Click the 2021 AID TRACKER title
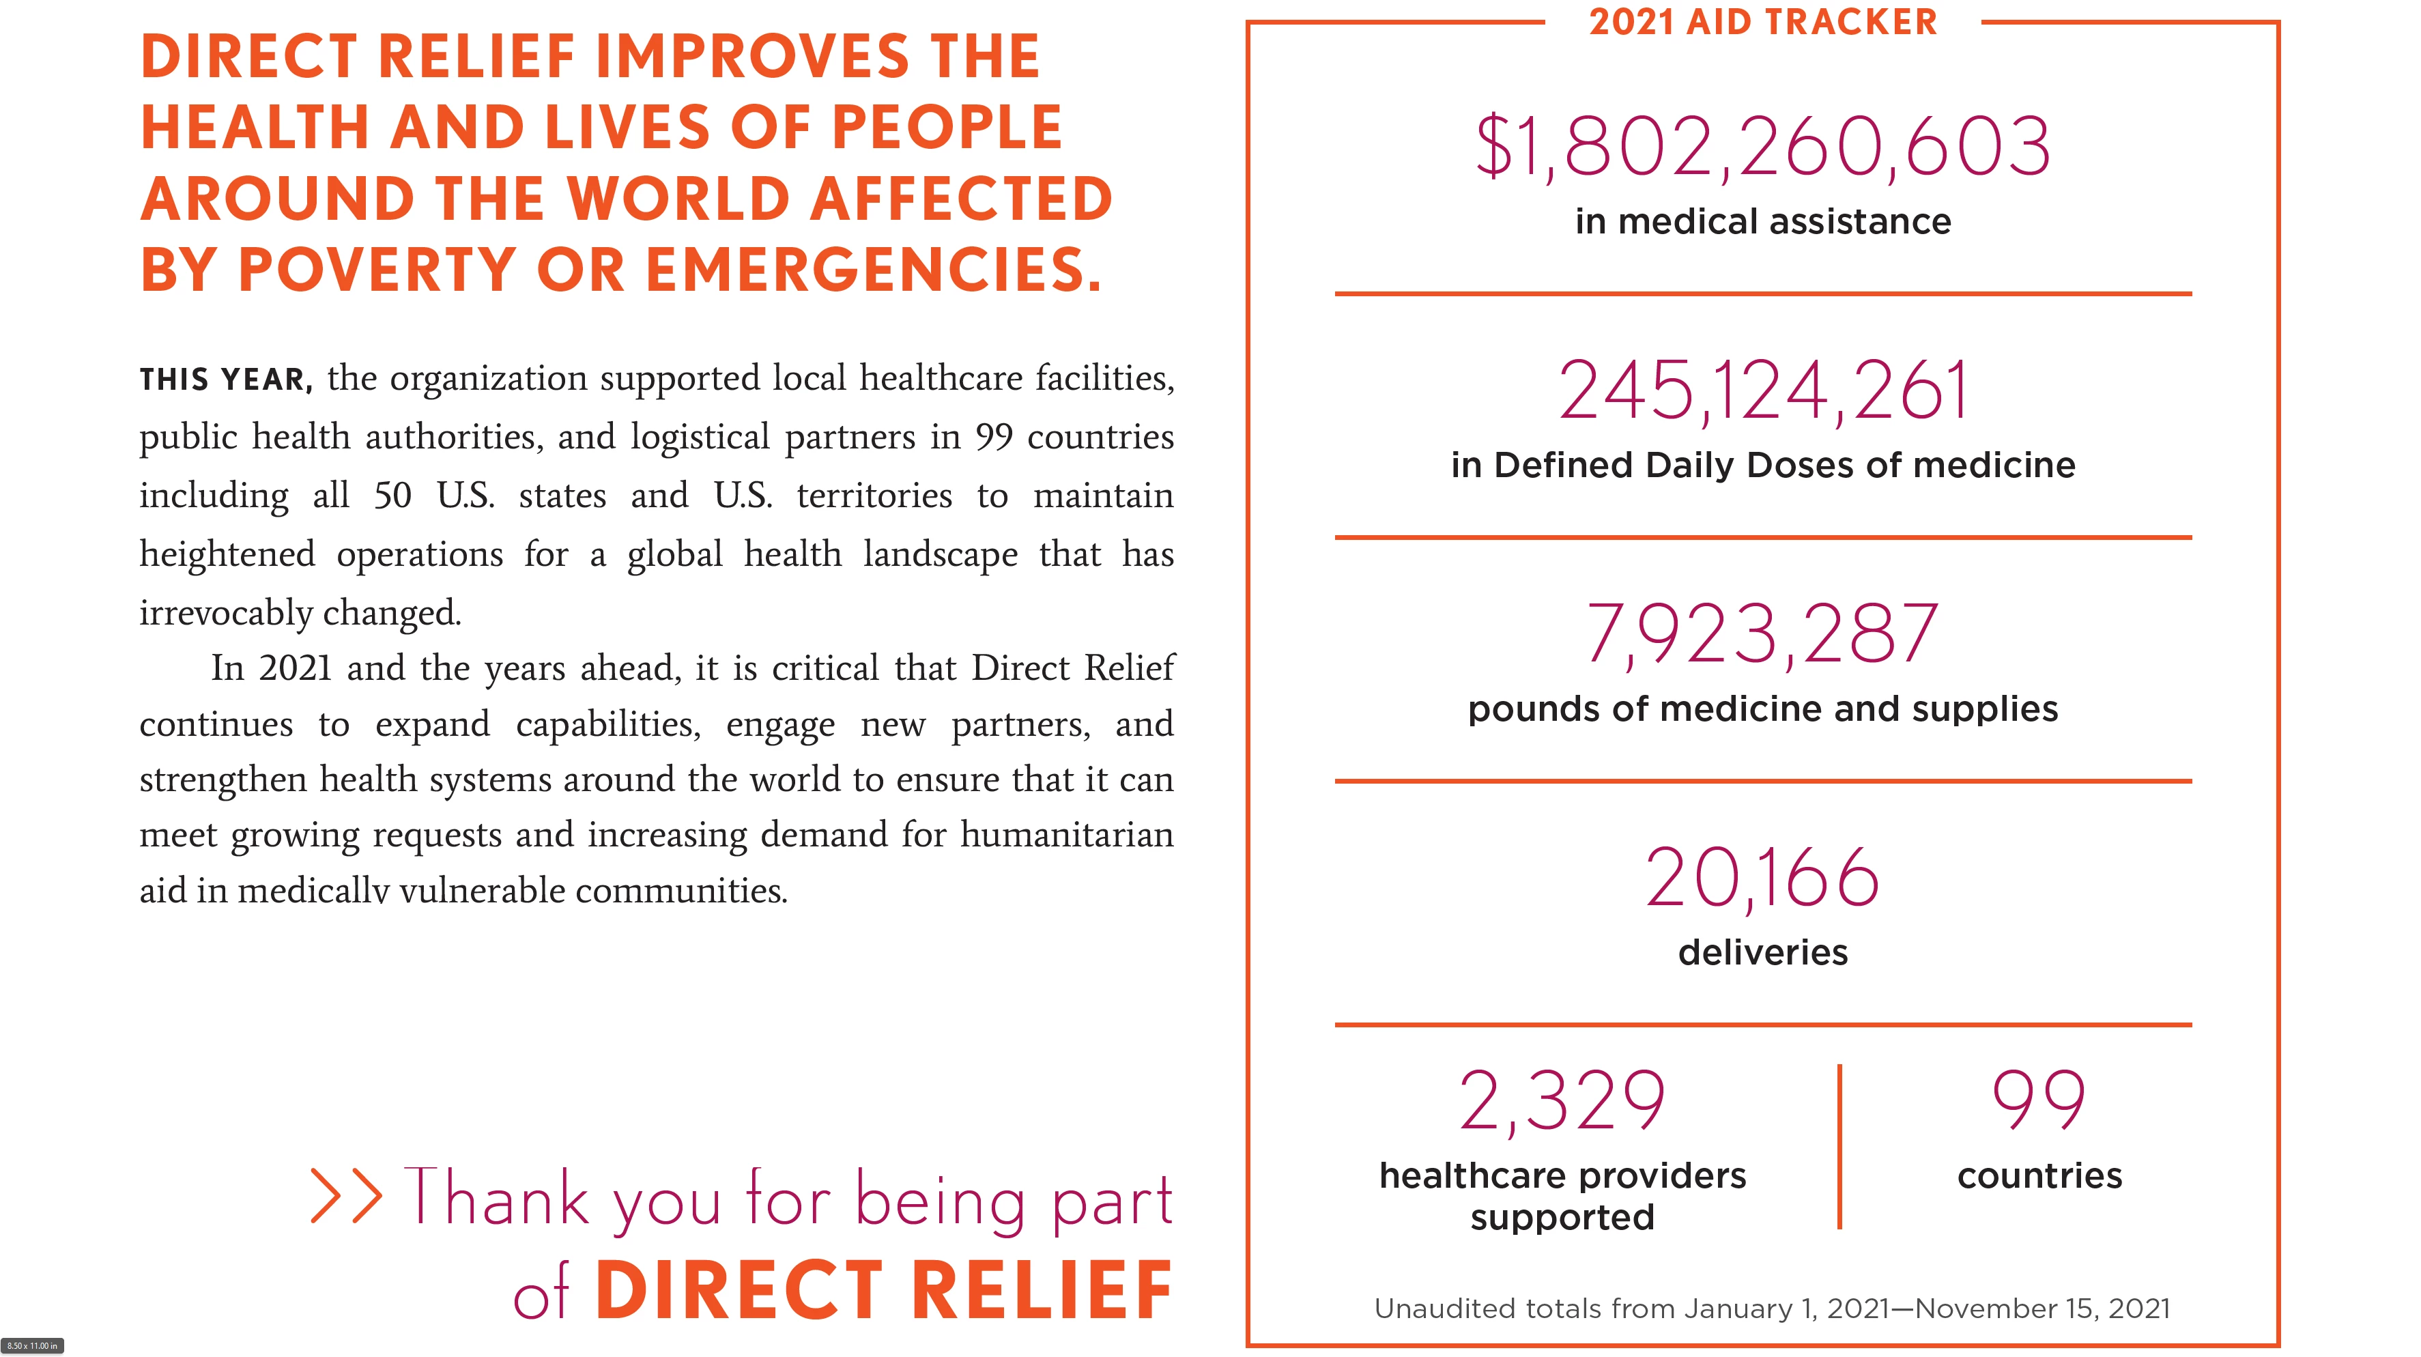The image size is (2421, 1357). point(1762,22)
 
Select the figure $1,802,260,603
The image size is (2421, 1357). point(1762,147)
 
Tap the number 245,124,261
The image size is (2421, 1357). point(1762,391)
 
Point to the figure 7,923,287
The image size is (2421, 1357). point(1762,634)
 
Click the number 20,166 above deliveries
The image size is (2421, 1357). point(1762,878)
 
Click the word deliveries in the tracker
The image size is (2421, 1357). point(1762,953)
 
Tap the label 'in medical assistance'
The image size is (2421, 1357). point(1762,222)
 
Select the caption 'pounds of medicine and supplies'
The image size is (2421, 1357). point(1762,709)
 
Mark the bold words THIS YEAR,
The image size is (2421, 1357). point(225,380)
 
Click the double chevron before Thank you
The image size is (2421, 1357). point(346,1197)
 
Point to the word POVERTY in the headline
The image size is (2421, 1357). point(376,270)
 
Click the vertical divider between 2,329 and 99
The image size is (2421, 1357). point(1839,1147)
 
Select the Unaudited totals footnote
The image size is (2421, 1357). point(1772,1308)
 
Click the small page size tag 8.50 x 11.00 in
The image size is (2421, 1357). point(32,1345)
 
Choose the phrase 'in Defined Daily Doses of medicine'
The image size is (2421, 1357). point(1762,465)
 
